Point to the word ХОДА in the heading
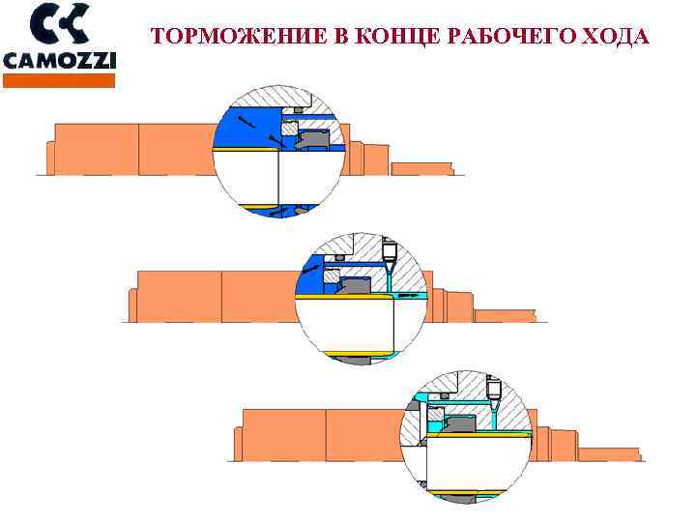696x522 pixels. coord(615,38)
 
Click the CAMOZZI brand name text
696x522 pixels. coord(60,61)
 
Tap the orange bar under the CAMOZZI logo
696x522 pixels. coord(60,80)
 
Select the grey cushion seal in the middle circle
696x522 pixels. coord(354,284)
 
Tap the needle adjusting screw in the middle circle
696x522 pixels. coord(390,254)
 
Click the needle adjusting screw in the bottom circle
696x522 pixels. coord(494,390)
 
